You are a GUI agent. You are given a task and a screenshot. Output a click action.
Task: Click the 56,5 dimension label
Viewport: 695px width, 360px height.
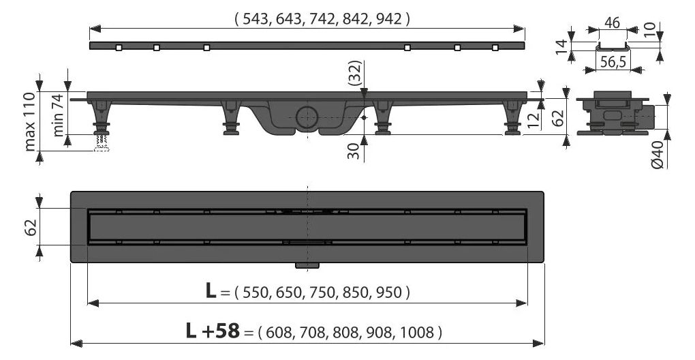[613, 63]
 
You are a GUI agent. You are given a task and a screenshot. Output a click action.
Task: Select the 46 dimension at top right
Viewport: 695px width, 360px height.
[612, 22]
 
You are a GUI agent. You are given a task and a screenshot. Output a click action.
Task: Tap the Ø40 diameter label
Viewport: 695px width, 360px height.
[658, 155]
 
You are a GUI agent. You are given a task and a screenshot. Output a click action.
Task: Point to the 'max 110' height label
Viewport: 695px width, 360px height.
[30, 121]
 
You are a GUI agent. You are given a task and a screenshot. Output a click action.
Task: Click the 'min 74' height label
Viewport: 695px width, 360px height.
[59, 115]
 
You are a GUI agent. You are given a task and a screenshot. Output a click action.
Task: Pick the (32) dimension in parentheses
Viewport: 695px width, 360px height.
[354, 73]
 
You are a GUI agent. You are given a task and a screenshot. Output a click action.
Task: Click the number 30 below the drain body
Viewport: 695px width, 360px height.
[353, 151]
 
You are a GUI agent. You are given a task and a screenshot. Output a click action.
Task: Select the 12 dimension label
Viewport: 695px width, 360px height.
[534, 119]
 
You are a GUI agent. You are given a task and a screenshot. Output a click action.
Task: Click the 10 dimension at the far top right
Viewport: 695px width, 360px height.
[649, 29]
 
